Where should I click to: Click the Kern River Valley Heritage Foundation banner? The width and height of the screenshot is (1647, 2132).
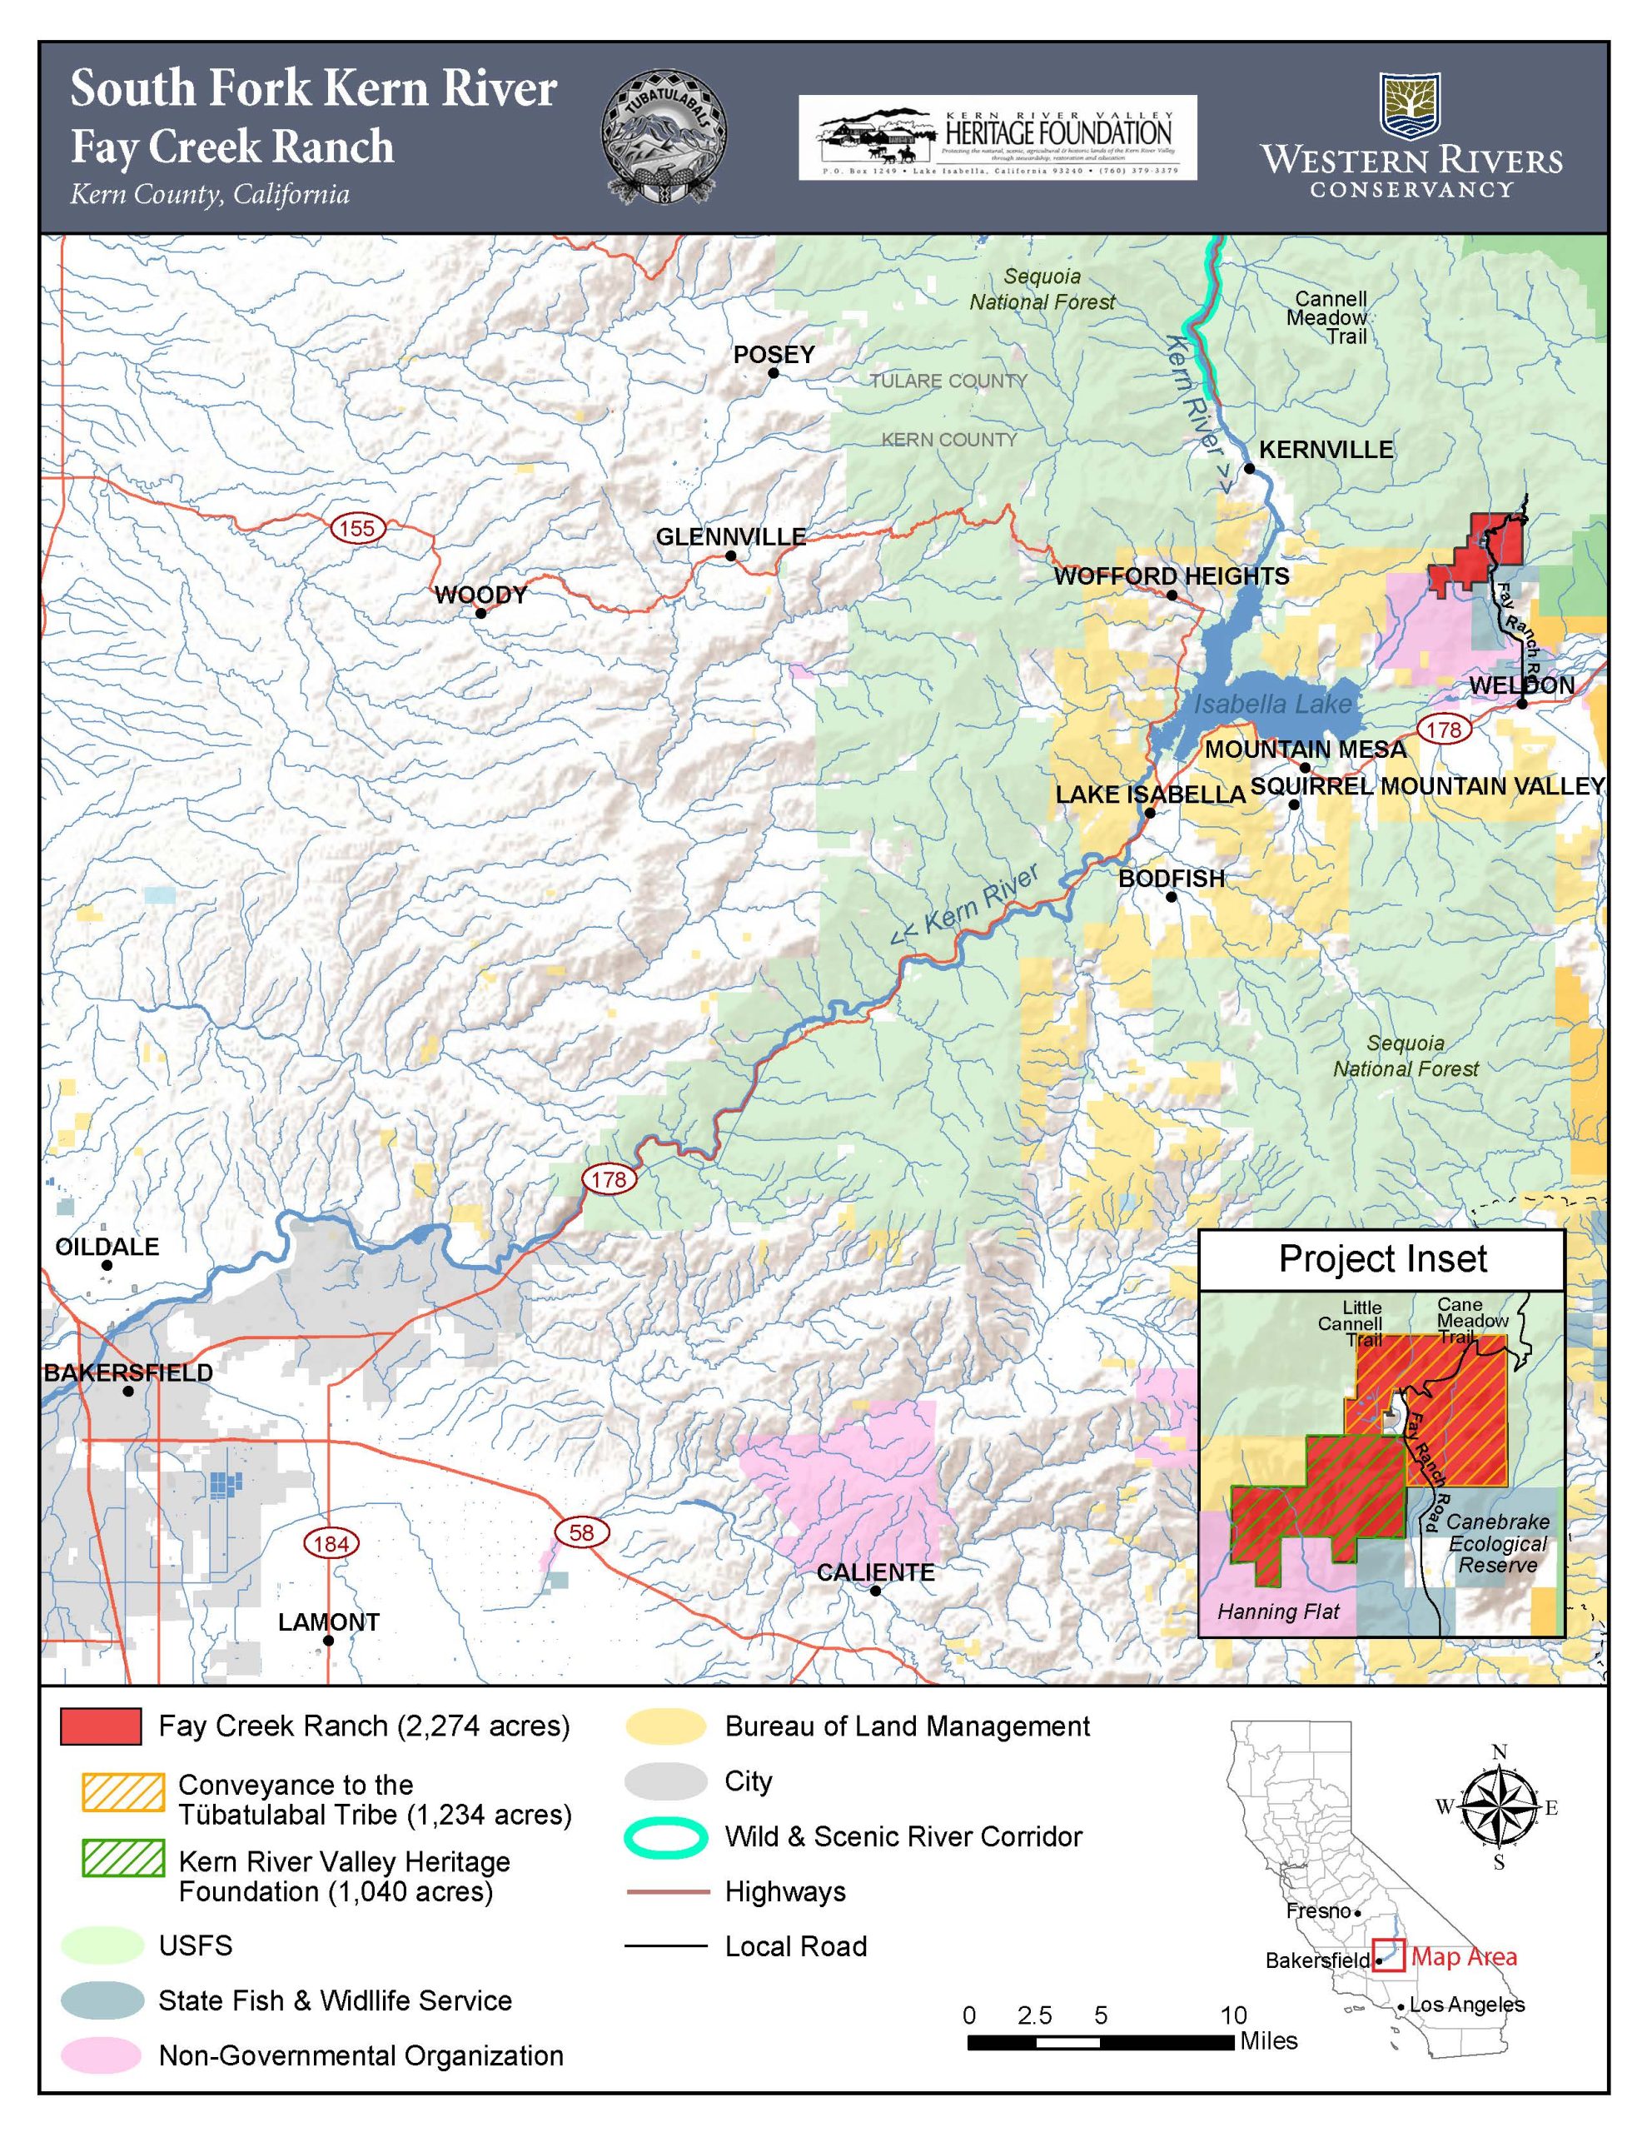997,137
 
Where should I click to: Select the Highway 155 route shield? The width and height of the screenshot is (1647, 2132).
357,528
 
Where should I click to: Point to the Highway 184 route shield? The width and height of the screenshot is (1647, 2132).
331,1543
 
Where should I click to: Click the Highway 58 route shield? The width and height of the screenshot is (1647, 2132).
581,1532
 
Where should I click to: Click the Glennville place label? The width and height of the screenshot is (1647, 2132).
730,536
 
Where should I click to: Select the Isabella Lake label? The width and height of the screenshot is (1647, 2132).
1272,704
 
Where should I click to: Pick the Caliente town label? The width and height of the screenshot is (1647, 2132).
875,1572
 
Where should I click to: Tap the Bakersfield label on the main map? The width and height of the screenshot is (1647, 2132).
128,1372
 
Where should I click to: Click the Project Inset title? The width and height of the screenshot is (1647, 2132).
1381,1259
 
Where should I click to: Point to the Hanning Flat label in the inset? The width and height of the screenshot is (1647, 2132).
1278,1611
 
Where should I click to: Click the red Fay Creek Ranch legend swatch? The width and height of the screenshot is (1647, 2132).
101,1726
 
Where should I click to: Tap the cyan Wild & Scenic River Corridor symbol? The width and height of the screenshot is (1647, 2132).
666,1837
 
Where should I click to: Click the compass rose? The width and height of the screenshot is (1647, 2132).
1499,1807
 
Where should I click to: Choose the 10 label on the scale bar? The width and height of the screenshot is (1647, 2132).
1233,2015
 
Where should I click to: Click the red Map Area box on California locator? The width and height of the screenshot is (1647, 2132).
1387,1955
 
